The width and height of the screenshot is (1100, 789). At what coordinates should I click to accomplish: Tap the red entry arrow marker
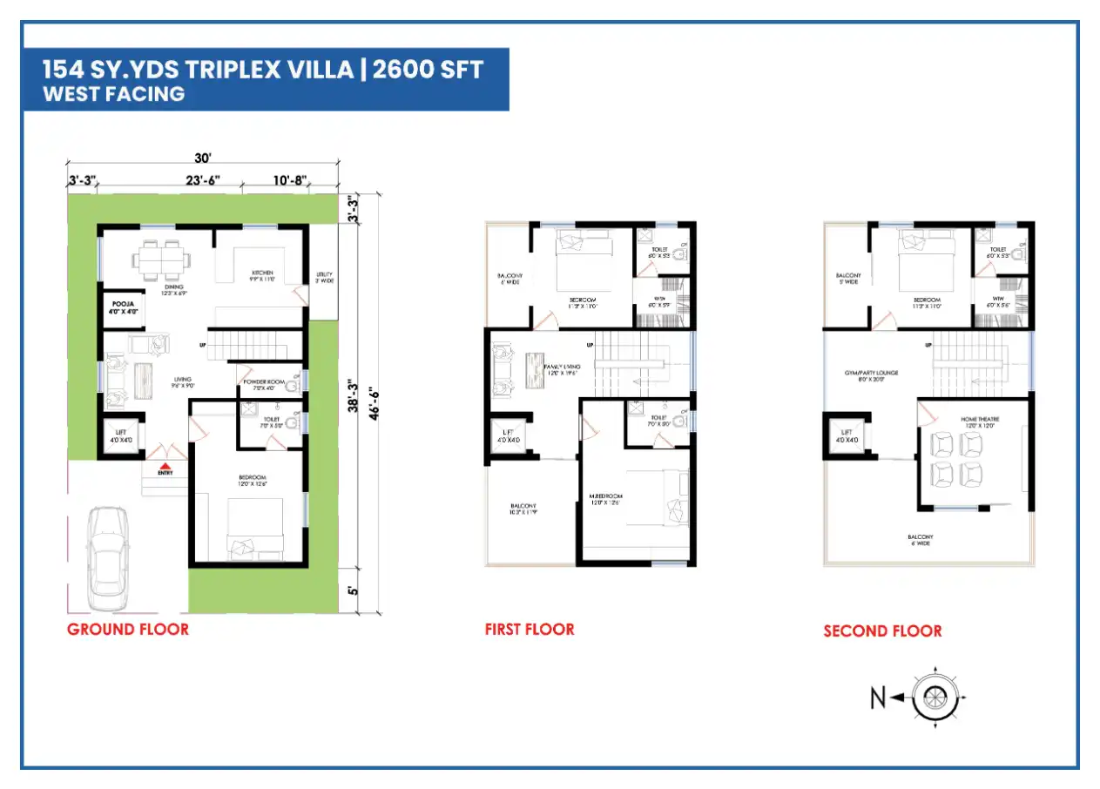click(x=165, y=464)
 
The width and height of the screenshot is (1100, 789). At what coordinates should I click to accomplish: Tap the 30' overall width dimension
click(x=203, y=158)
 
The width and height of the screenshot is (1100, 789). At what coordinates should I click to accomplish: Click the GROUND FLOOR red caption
click(x=127, y=629)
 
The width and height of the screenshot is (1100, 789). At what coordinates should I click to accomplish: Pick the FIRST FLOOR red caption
click(x=530, y=629)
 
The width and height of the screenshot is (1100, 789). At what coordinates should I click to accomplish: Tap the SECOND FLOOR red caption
click(x=882, y=631)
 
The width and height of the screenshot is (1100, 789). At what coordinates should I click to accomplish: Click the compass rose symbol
click(x=935, y=697)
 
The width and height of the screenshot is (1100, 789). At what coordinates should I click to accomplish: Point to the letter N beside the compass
click(x=879, y=698)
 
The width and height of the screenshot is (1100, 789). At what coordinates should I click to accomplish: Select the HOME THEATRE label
click(x=980, y=420)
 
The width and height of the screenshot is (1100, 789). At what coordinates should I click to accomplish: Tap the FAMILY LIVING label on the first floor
click(x=563, y=368)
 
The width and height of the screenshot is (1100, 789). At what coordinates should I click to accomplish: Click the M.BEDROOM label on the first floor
click(x=605, y=497)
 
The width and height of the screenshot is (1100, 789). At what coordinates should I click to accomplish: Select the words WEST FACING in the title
click(x=114, y=94)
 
